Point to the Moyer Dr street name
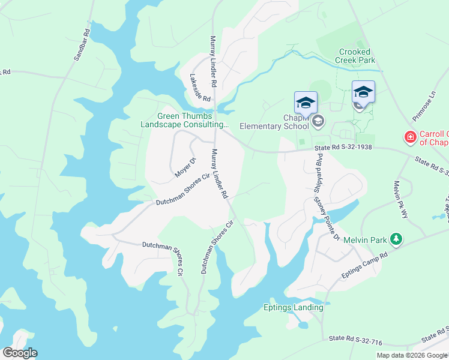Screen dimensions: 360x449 (x=185, y=168)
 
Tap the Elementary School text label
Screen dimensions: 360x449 (x=273, y=126)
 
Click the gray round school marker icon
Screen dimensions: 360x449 (x=318, y=122)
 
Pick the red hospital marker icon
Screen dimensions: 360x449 (x=411, y=138)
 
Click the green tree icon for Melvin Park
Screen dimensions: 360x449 (x=396, y=239)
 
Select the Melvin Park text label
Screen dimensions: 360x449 (x=364, y=239)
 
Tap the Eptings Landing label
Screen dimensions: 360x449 (x=294, y=308)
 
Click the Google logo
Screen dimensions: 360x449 (x=20, y=353)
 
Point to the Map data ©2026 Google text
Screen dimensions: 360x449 (x=412, y=355)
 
